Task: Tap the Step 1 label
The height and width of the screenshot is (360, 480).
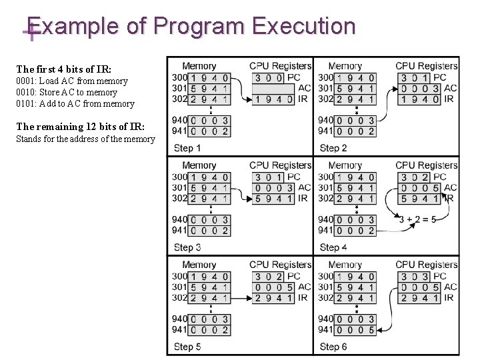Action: click(x=187, y=147)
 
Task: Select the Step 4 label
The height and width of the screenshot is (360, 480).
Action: click(x=333, y=247)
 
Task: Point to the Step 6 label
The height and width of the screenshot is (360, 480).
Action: click(x=333, y=346)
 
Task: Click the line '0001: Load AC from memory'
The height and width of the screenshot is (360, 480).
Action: click(x=72, y=81)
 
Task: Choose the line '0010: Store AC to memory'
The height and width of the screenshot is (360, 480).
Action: click(x=67, y=93)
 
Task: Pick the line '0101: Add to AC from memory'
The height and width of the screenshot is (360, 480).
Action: click(x=75, y=104)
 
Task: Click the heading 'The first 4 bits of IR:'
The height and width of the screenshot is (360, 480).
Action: click(x=64, y=69)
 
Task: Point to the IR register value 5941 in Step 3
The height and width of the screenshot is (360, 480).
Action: click(x=273, y=198)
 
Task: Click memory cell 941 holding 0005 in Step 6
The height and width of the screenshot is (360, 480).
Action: click(x=356, y=329)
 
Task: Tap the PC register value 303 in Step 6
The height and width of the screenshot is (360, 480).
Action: click(x=414, y=276)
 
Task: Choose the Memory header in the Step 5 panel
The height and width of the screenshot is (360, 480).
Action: click(x=199, y=265)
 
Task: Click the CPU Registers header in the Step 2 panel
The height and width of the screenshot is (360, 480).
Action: click(x=427, y=66)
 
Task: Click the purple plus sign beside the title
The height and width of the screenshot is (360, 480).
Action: click(x=28, y=32)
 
